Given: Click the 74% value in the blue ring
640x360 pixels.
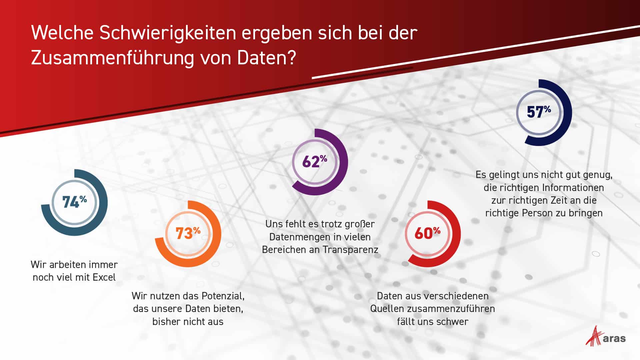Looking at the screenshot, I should point(74,202).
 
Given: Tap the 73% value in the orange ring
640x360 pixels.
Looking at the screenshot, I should point(188,233).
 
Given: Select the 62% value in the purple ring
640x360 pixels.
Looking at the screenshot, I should point(314,161).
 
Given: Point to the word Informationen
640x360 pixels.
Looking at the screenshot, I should point(573,188).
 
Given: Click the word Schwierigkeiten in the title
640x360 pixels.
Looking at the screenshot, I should point(167,33).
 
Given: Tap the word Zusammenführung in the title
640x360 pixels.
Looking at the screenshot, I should point(112,58).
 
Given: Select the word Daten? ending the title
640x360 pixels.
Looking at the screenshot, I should point(266,58).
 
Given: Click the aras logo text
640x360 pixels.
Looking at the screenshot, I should point(614,339).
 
